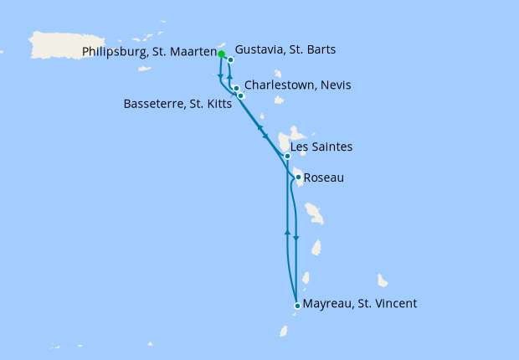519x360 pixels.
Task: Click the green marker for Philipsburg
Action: [222, 54]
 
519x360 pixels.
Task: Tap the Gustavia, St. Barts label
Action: [285, 50]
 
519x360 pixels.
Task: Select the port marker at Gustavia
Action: [230, 59]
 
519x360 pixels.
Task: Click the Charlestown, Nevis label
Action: [298, 85]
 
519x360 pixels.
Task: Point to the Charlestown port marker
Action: [237, 88]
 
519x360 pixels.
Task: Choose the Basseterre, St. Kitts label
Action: [177, 104]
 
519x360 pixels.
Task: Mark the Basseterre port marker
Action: [241, 95]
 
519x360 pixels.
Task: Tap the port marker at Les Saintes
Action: [287, 157]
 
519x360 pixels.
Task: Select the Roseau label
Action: [323, 177]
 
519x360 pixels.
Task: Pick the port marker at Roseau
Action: [298, 177]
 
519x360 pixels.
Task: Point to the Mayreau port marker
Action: [297, 306]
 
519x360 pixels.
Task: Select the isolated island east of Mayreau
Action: [383, 280]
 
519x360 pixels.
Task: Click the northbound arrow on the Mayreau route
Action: [287, 231]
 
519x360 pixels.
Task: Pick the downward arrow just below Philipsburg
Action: [220, 75]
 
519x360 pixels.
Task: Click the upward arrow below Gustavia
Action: [229, 76]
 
